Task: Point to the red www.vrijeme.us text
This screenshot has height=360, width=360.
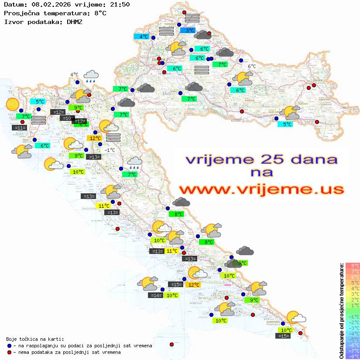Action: tap(261, 189)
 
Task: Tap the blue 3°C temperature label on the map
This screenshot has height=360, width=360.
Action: tap(188, 31)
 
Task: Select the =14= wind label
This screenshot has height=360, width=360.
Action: tap(156, 295)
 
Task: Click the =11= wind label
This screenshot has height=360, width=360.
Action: tap(20, 128)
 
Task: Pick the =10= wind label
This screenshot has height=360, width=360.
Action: tap(67, 118)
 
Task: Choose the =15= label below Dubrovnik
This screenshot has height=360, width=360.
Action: tap(283, 336)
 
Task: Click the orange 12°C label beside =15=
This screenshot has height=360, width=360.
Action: tap(193, 285)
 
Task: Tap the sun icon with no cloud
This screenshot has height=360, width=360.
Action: tap(13, 105)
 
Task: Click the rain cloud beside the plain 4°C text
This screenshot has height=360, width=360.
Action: tap(91, 77)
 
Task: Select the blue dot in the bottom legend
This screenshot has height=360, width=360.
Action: tap(9, 346)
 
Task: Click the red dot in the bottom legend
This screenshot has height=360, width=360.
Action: tap(9, 352)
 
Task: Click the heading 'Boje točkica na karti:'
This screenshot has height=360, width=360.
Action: tap(35, 339)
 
